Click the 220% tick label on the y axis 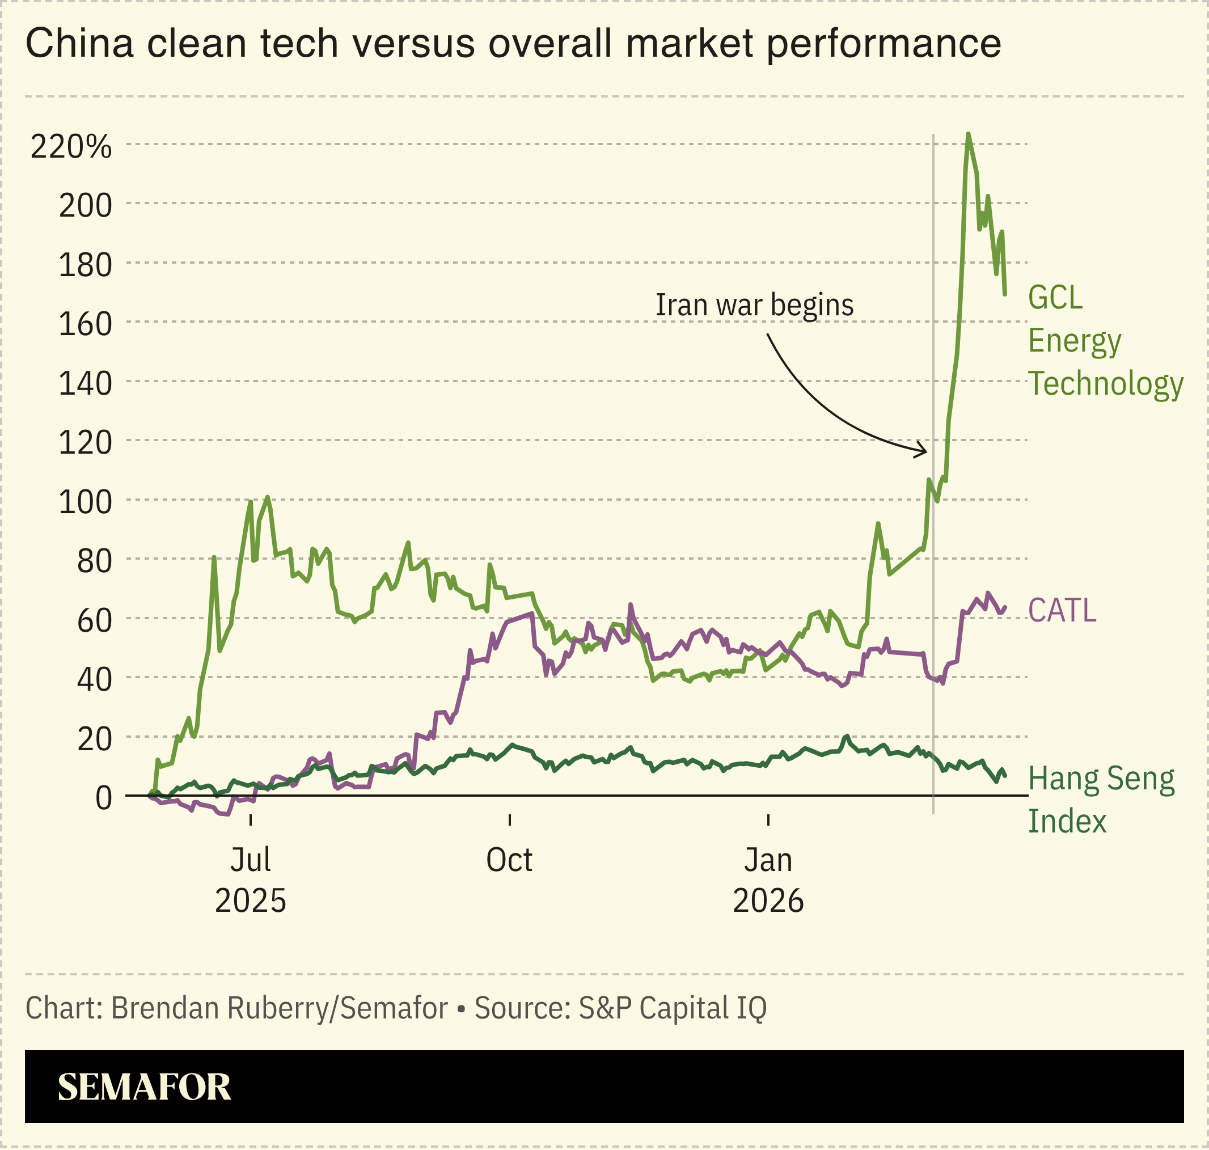tap(70, 147)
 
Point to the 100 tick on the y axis tap(85, 502)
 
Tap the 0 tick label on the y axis tap(104, 798)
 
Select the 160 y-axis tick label tap(85, 324)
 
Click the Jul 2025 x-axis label tap(250, 880)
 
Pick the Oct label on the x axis tap(509, 860)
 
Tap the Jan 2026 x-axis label tap(768, 880)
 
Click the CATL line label tap(1061, 611)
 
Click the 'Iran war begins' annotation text tap(754, 305)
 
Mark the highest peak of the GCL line tap(967, 134)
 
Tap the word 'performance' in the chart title tap(883, 44)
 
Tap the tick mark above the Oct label tap(509, 819)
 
